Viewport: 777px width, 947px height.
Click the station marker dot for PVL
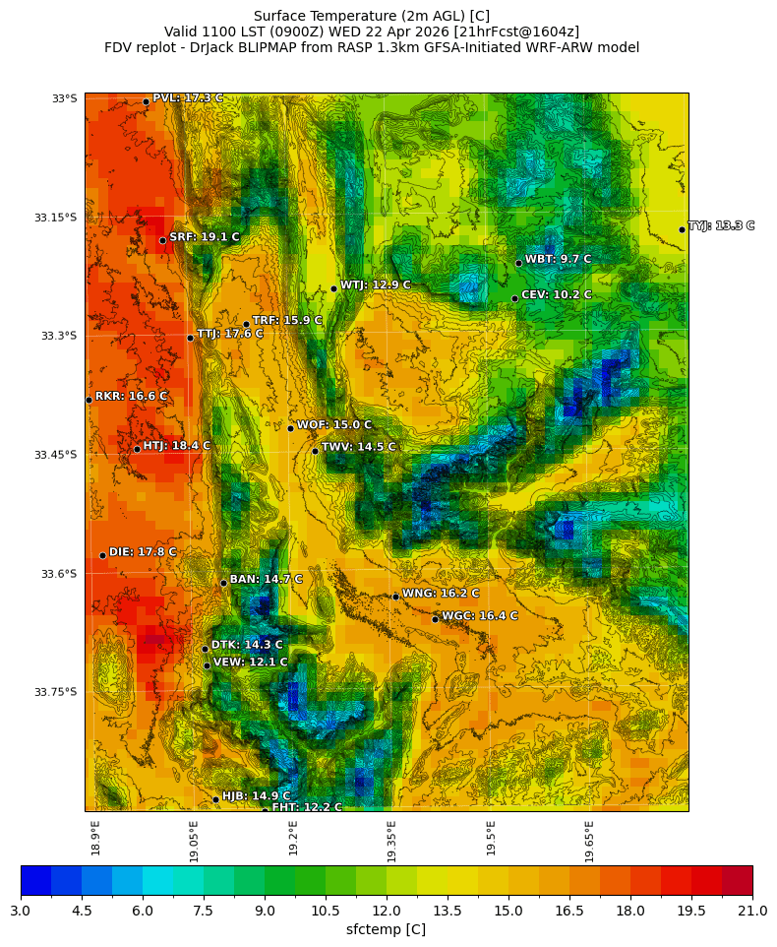[146, 101]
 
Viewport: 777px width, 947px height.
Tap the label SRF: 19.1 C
[204, 237]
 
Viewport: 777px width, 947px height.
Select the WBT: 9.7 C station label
[558, 259]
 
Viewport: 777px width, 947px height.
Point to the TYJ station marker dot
[682, 229]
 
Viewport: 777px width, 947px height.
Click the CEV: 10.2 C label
[556, 294]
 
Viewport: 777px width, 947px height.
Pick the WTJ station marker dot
[333, 288]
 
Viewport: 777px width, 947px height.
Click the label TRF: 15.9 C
[287, 320]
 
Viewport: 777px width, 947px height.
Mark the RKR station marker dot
[89, 400]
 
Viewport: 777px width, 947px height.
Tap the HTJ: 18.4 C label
[176, 446]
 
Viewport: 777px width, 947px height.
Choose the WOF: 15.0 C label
[334, 425]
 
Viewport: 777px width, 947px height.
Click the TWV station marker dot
[315, 451]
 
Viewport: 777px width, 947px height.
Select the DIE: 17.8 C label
[143, 552]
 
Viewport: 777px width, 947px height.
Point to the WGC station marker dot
[435, 619]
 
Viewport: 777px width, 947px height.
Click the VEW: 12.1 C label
[250, 663]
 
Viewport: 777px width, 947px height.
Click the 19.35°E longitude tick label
[391, 841]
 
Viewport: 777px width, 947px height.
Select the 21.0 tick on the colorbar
[752, 911]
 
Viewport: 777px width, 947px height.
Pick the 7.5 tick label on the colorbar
[204, 911]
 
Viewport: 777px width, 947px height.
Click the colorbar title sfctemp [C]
[386, 929]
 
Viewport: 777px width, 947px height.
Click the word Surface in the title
[280, 16]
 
